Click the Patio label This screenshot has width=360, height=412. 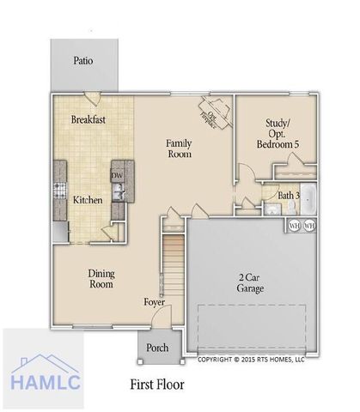(x=82, y=61)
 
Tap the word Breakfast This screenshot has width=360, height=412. (x=88, y=120)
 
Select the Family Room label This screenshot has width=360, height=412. (x=179, y=148)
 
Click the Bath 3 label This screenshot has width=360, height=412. (x=289, y=195)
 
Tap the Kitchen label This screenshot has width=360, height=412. (x=88, y=200)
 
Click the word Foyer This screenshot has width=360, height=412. (x=155, y=302)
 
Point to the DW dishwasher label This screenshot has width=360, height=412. (x=117, y=177)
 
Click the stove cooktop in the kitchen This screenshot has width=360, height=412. (x=61, y=190)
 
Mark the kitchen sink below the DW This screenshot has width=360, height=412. (x=121, y=193)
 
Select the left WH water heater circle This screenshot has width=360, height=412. (x=294, y=226)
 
